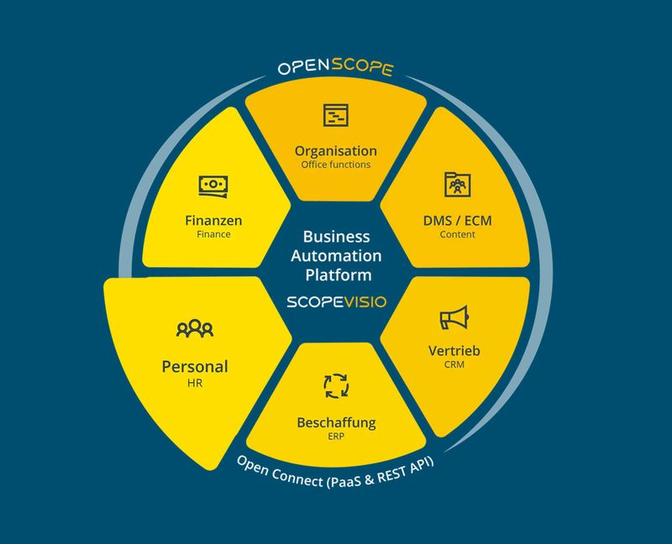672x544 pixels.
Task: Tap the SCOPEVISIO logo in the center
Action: coord(336,301)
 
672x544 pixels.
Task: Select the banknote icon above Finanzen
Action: coord(213,186)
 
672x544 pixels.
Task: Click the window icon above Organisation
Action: coord(335,115)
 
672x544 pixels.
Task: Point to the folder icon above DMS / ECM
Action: coord(457,184)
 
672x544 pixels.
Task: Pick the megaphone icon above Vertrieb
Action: coord(454,318)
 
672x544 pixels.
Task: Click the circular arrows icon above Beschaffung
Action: coord(335,385)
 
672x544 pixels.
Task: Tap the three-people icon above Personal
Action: coord(195,328)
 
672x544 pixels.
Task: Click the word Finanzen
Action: coord(213,221)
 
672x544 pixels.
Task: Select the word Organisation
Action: coord(335,151)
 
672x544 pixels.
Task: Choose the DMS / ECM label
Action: coord(457,221)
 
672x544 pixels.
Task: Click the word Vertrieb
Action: coord(454,350)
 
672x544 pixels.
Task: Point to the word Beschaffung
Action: coord(335,421)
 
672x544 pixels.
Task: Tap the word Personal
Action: coord(195,366)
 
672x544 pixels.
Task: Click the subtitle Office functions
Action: coord(335,165)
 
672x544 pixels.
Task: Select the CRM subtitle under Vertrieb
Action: coord(454,364)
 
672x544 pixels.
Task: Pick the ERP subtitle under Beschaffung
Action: coord(335,436)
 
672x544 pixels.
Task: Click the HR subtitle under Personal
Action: coord(195,383)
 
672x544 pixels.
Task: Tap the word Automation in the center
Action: coord(337,255)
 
